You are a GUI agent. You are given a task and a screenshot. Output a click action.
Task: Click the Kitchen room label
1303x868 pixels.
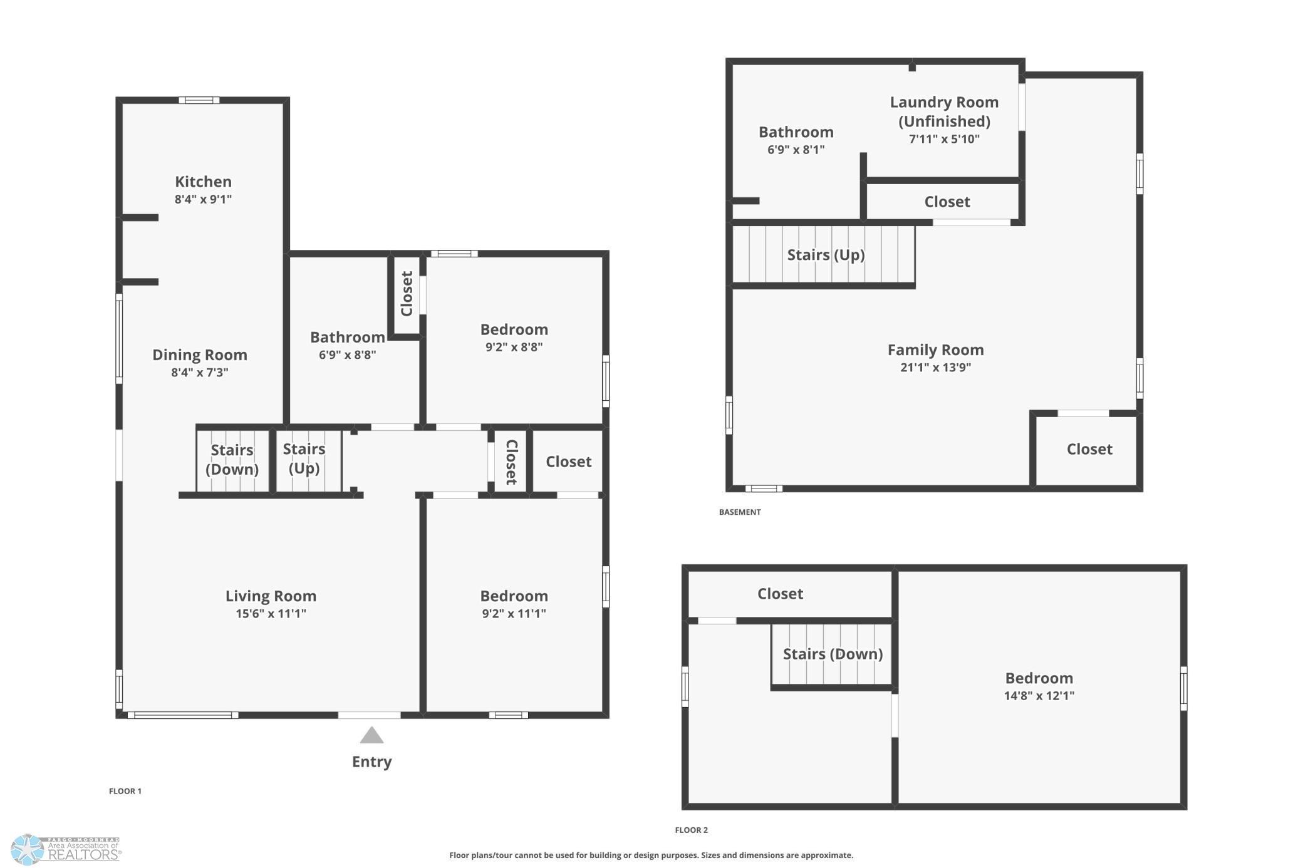pos(203,182)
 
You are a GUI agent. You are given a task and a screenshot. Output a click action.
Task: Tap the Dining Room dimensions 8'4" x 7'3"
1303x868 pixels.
pos(200,373)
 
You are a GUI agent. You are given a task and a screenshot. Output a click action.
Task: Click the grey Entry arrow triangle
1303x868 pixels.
pos(371,735)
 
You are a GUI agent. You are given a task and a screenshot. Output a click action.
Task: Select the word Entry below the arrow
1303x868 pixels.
pos(371,762)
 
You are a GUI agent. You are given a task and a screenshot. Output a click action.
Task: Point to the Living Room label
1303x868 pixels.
pos(271,596)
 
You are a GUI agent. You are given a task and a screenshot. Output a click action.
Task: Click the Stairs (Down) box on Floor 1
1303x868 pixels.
pos(232,460)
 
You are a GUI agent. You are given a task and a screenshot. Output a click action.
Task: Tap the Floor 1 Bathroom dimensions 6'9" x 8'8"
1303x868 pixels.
pos(348,355)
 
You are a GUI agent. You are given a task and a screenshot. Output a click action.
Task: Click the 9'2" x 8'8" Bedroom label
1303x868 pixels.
pos(514,338)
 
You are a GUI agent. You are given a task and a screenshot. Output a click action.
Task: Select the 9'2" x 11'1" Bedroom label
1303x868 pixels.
pos(514,604)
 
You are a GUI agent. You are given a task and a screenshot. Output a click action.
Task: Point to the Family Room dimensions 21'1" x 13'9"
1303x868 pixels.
pos(935,368)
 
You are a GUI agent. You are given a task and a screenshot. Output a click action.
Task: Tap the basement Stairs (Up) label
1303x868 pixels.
pos(826,255)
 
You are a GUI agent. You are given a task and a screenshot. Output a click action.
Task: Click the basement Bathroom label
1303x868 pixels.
pos(796,132)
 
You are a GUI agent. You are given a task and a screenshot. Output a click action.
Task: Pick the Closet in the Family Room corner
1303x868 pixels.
pos(1089,449)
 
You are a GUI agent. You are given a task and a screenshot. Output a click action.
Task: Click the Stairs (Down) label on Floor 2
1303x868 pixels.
pos(833,654)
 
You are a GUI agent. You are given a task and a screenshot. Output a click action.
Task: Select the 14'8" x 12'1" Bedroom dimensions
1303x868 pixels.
pos(1039,696)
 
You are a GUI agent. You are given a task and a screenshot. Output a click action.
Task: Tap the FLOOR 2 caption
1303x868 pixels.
pos(691,830)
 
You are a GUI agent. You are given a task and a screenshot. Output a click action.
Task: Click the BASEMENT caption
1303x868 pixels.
pos(740,512)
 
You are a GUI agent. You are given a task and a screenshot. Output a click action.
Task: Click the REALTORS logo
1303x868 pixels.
pos(66,850)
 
